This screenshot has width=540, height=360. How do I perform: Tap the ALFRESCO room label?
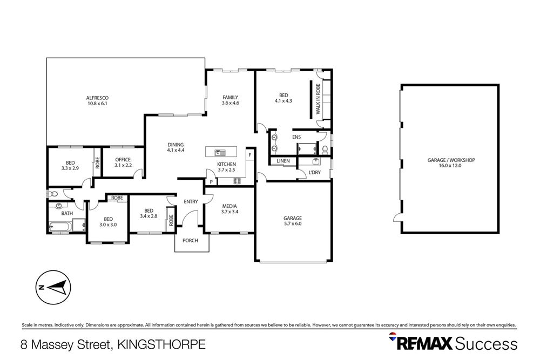[97, 100]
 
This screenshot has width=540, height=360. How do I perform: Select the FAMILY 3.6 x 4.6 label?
[231, 100]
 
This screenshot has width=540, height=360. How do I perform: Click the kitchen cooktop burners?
[237, 181]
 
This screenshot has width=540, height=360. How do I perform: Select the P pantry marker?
[211, 182]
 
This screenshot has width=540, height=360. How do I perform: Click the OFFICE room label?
[123, 162]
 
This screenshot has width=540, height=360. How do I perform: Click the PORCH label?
[191, 240]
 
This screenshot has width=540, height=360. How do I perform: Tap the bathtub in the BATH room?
[60, 227]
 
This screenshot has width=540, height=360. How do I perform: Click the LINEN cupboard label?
[283, 161]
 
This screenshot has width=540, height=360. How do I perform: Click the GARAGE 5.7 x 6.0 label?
[292, 221]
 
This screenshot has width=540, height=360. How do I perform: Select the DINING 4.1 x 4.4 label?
[175, 147]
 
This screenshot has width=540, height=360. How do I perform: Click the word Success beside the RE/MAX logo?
[487, 343]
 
